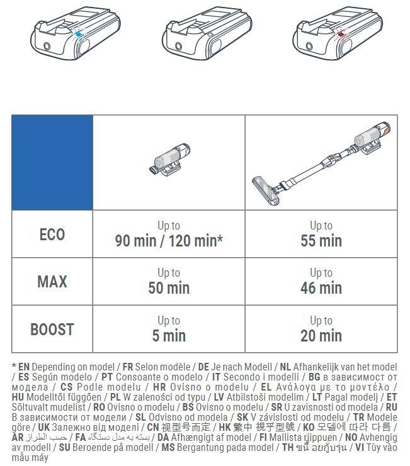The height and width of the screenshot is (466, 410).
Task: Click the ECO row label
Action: point(52,235)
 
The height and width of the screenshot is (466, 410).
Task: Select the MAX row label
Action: point(52,281)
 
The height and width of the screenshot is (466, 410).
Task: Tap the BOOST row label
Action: point(52,329)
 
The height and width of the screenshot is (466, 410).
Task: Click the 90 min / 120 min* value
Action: point(169,241)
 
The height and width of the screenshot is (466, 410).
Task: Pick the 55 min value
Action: point(321,241)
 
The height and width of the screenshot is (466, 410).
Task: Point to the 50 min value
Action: point(169,288)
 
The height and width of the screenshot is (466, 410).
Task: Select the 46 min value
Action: point(321,288)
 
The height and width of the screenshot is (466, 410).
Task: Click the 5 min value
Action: point(169,336)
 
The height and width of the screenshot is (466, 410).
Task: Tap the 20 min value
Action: point(321,336)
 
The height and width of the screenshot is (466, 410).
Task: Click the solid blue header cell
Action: point(52,162)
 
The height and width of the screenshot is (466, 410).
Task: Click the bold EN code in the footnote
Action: point(25,367)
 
